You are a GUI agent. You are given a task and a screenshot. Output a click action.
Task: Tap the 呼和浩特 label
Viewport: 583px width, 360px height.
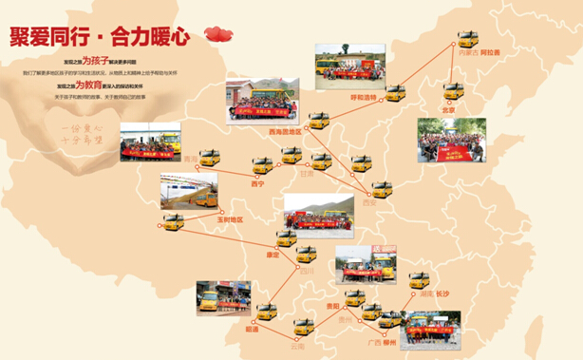[364, 97]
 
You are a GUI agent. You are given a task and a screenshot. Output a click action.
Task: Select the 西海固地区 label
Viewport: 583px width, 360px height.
[282, 133]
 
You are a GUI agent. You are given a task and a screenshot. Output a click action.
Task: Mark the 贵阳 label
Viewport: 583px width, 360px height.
[330, 308]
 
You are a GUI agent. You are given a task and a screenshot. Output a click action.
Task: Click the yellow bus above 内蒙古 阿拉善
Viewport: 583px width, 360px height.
[468, 39]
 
